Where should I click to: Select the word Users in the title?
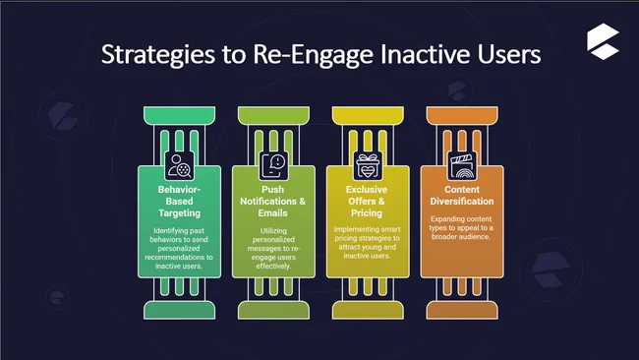tap(506, 54)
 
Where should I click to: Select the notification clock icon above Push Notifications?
tap(274, 163)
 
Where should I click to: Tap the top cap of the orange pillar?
tap(462, 115)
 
